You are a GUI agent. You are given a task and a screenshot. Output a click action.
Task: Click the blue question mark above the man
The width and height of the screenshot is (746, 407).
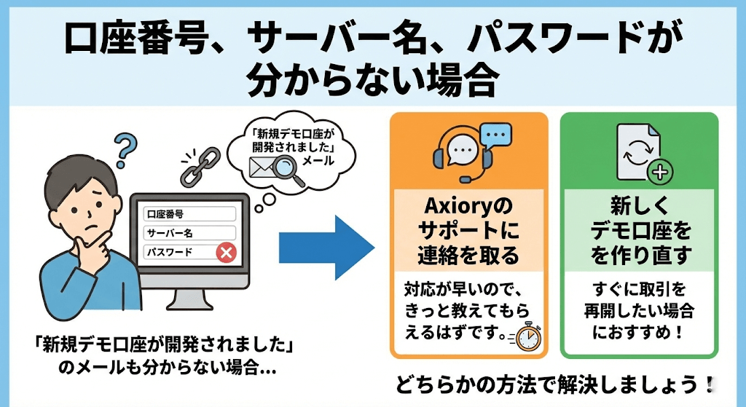125,148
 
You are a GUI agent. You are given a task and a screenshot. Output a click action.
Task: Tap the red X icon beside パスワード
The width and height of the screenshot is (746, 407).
227,253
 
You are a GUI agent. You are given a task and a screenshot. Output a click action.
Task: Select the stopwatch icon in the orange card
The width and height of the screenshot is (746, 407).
527,337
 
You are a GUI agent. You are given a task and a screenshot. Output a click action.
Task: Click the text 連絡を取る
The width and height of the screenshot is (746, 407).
468,255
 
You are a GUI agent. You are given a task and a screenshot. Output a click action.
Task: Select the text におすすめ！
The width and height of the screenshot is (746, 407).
640,334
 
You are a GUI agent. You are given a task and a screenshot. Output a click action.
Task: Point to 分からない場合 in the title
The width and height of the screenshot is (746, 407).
372,81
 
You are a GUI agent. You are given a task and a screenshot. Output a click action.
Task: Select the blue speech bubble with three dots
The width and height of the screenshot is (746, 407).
498,134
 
